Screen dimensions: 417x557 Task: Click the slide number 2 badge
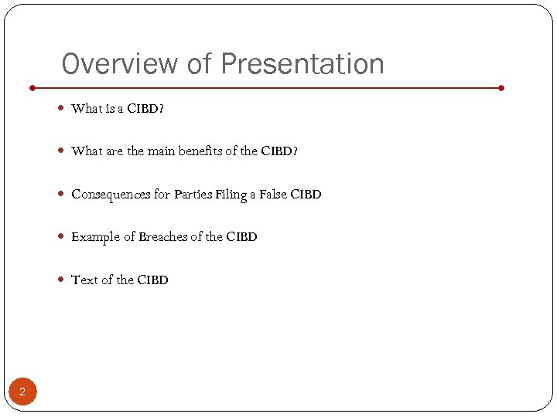(x=22, y=392)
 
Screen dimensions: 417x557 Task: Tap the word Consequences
(x=111, y=195)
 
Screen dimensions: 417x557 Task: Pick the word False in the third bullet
(x=272, y=195)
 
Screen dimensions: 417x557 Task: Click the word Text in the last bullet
(x=84, y=280)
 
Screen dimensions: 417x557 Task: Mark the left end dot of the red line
(x=32, y=88)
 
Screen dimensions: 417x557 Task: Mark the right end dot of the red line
(x=502, y=88)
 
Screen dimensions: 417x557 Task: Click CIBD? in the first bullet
(x=145, y=109)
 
